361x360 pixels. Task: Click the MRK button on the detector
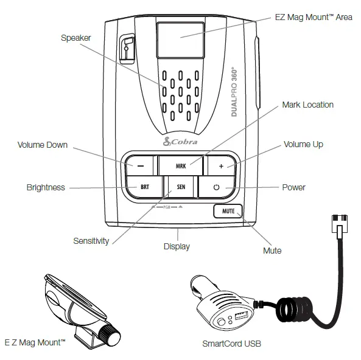181,165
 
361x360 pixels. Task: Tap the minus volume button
140,165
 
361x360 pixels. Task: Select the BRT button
144,187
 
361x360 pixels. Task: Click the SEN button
181,187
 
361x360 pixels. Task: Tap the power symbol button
216,187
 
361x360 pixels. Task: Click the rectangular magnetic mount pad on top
180,38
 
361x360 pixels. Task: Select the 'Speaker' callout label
76,38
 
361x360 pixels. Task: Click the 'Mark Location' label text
307,105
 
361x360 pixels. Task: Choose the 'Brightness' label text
46,187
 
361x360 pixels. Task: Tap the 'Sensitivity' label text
91,241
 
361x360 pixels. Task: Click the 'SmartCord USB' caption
231,344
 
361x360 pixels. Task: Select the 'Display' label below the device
177,246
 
